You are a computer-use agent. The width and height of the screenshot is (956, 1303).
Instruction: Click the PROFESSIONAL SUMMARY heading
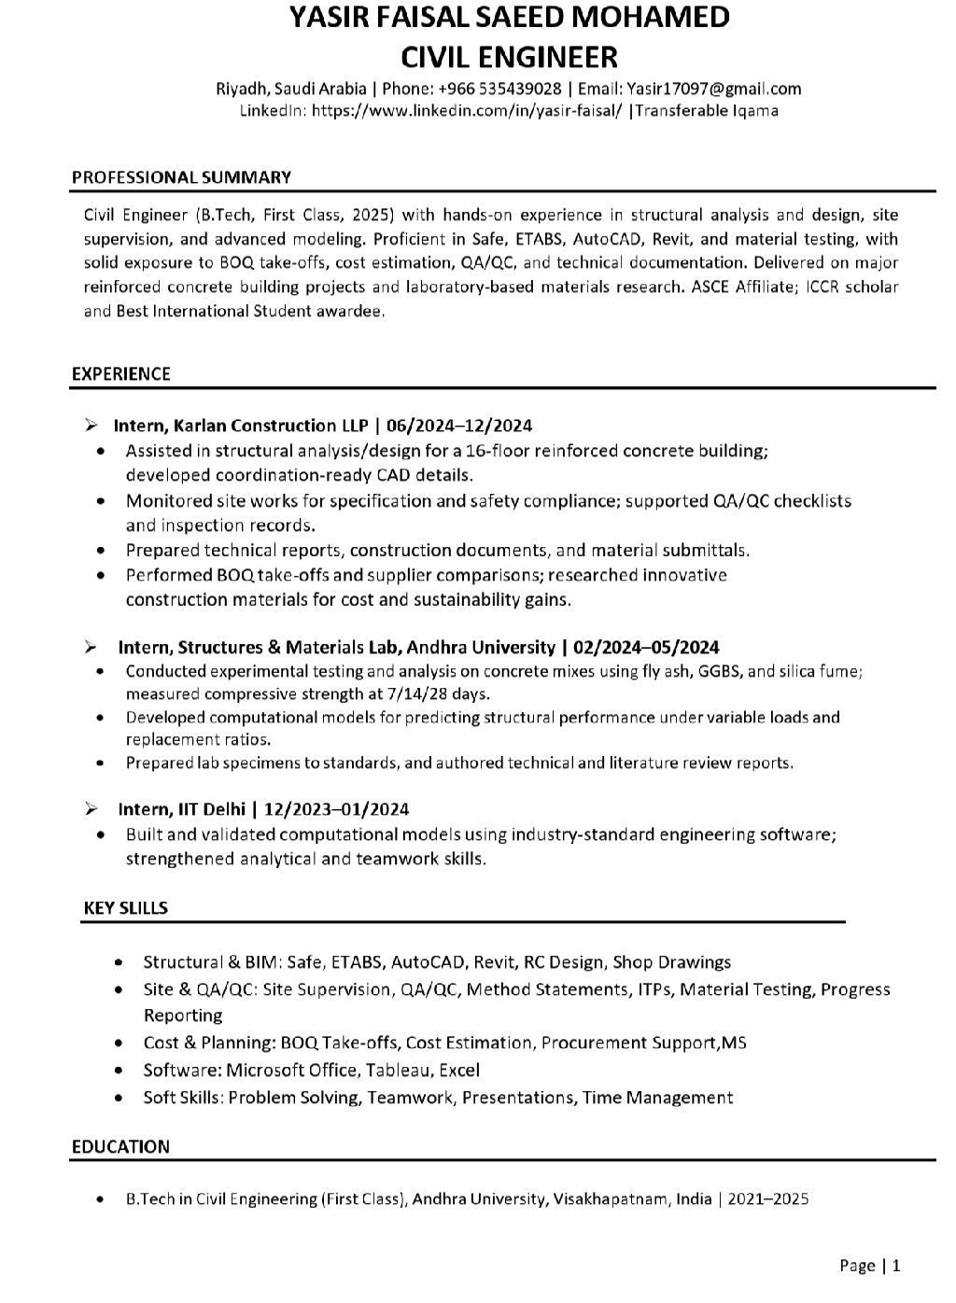181,177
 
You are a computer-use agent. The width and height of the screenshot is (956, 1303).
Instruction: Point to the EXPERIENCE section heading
120,374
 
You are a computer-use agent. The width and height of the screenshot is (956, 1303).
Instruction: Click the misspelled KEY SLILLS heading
125,907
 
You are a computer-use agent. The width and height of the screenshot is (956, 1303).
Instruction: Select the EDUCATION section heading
120,1146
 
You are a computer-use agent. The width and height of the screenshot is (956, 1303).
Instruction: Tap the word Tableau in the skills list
397,1071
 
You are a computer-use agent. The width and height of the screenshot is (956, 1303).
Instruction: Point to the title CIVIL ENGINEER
509,57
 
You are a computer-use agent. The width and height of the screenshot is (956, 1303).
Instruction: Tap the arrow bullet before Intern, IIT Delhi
91,808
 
